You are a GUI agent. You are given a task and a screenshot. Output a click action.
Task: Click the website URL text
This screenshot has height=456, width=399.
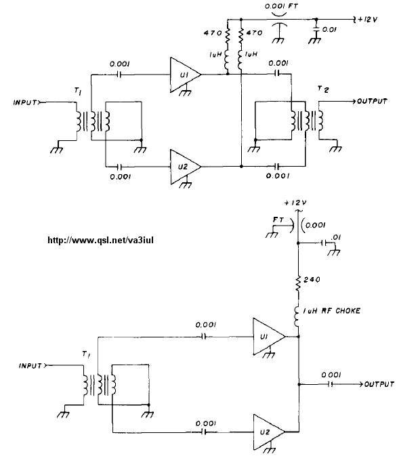(100, 241)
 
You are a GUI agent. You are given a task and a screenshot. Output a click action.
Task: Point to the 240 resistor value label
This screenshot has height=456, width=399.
(312, 279)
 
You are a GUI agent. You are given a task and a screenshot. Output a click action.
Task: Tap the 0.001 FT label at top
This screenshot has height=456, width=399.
(281, 6)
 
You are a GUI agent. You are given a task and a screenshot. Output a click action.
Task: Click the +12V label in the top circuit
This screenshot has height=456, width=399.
(367, 20)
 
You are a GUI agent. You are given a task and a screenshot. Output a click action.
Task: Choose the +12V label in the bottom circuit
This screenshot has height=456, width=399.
(295, 203)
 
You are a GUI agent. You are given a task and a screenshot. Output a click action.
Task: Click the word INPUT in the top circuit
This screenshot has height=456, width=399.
(25, 102)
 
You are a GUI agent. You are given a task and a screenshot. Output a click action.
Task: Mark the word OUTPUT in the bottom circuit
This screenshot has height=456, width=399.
(379, 384)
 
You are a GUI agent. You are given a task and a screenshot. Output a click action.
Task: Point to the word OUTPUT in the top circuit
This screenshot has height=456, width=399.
(373, 101)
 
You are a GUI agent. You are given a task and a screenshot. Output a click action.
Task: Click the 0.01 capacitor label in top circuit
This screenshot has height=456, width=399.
(329, 30)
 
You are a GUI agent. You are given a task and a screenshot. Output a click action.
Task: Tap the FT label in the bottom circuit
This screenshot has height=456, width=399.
(278, 220)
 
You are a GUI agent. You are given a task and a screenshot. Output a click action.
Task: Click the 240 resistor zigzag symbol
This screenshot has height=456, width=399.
(298, 283)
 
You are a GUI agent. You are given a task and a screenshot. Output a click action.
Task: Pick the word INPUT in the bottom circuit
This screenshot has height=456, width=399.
(30, 366)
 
